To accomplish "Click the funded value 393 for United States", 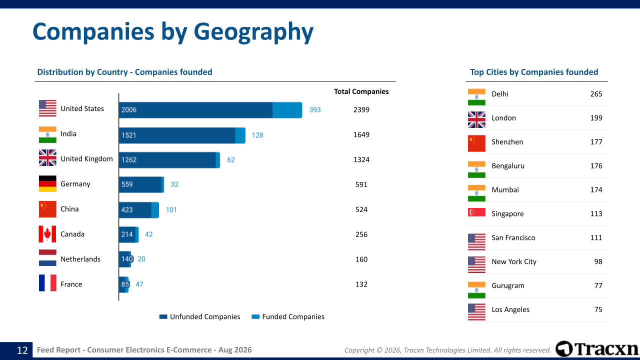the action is point(315,109).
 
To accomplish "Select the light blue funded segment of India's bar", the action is point(240,135).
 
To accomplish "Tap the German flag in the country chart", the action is point(47,183).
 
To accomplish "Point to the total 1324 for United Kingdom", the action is point(361,159).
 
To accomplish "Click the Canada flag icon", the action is point(47,234).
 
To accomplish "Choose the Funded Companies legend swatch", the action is point(255,316).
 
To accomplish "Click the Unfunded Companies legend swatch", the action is point(163,316).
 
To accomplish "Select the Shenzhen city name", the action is point(507,142).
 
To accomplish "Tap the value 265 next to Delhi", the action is point(596,94).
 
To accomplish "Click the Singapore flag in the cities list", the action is point(476,212).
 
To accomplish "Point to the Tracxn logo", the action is point(596,349).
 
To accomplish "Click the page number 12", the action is point(22,350).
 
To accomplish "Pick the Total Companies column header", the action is point(361,91).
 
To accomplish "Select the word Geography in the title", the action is point(253,32).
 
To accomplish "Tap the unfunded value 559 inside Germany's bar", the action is point(127,184).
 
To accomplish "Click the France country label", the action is point(71,284).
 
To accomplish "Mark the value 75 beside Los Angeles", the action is point(598,309).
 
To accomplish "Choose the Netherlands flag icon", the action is point(47,258).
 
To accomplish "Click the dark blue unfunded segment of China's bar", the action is point(135,210).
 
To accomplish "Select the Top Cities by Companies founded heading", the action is point(534,72).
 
